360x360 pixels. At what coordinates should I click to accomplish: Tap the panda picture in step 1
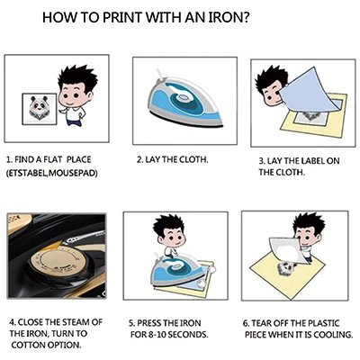pyautogui.click(x=40, y=109)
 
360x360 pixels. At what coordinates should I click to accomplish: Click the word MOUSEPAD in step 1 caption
pyautogui.click(x=73, y=173)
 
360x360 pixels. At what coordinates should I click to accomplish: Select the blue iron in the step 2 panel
pyautogui.click(x=185, y=101)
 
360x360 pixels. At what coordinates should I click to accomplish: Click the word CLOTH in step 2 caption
pyautogui.click(x=193, y=159)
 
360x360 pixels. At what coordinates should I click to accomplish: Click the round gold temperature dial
pyautogui.click(x=56, y=259)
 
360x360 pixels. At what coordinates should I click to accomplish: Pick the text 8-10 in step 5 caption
pyautogui.click(x=157, y=334)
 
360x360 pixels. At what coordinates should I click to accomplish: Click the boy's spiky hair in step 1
pyautogui.click(x=77, y=77)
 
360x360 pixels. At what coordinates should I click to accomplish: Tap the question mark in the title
pyautogui.click(x=245, y=17)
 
